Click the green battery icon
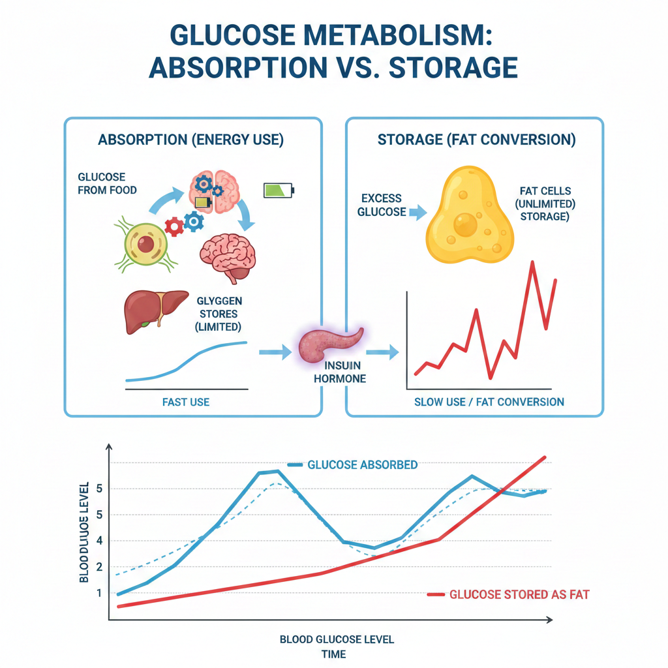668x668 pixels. pyautogui.click(x=279, y=190)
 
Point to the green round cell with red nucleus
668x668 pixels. pyautogui.click(x=145, y=245)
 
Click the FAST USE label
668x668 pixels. pyautogui.click(x=186, y=402)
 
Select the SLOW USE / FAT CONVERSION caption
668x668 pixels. pyautogui.click(x=489, y=402)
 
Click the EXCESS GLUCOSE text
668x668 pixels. pyautogui.click(x=381, y=205)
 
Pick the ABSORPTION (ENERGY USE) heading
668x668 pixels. pyautogui.click(x=190, y=140)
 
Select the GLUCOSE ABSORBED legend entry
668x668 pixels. pyautogui.click(x=362, y=465)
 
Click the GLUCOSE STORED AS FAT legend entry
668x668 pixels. pyautogui.click(x=519, y=594)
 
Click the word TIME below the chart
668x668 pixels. pyautogui.click(x=333, y=654)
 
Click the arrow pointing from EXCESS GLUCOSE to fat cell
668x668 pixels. pyautogui.click(x=416, y=211)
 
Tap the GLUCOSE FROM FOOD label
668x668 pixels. pyautogui.click(x=107, y=183)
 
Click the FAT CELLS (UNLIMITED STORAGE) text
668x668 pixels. pyautogui.click(x=545, y=204)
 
